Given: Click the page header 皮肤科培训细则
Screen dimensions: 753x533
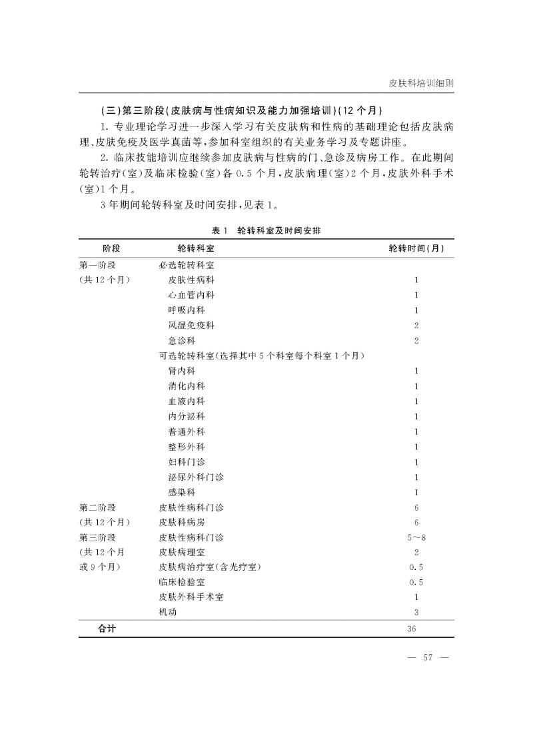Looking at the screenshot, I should point(421,84).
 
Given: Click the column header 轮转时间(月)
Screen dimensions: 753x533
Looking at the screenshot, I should point(416,248).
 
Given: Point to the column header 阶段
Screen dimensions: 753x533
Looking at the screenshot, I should point(111,248).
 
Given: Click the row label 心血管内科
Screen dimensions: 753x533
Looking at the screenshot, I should point(191,295).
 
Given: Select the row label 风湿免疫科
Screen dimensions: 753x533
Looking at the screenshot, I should point(191,326).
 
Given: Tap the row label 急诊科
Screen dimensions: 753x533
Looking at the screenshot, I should point(182,341).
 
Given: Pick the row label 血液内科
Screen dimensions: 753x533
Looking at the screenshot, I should point(187,401).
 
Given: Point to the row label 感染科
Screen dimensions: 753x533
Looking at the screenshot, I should point(182,493).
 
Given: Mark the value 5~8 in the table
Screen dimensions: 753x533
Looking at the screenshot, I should point(416,537).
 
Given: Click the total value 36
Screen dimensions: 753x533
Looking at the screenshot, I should point(416,628).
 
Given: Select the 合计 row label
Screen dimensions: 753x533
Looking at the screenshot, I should point(107,628).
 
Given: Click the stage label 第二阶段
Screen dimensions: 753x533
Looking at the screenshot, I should point(97,507).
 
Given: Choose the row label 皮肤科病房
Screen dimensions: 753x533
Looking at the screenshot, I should point(182,523).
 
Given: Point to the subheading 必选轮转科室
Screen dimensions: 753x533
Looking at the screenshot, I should point(186,264).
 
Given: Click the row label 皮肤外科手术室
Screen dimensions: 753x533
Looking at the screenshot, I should point(191,597).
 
